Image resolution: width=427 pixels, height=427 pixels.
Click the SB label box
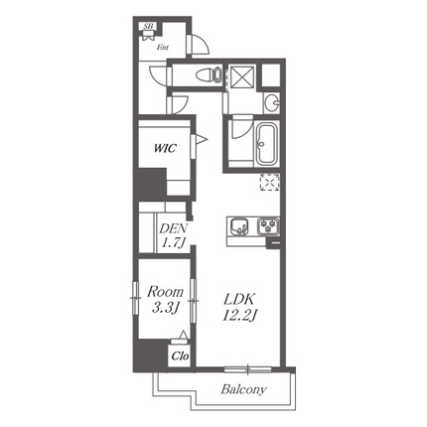click(x=149, y=26)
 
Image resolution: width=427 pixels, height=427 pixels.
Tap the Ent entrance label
click(x=163, y=48)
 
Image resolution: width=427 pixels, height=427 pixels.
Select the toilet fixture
click(x=209, y=74)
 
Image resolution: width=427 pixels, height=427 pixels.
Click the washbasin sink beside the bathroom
click(x=272, y=102)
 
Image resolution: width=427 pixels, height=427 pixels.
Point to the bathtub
click(x=266, y=144)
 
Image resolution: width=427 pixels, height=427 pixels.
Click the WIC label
click(x=165, y=148)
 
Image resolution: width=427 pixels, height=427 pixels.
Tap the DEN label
click(x=174, y=228)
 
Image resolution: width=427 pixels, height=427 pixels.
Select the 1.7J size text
click(x=173, y=243)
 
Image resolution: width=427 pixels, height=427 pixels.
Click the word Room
click(x=165, y=292)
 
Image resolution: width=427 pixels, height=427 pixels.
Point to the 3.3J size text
click(x=166, y=309)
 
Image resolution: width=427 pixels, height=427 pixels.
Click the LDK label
click(x=239, y=300)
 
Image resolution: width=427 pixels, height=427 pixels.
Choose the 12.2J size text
click(x=239, y=316)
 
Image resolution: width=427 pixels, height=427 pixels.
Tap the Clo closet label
click(x=180, y=356)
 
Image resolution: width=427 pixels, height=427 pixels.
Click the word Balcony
click(x=243, y=389)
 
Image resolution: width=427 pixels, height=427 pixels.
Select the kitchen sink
click(x=239, y=226)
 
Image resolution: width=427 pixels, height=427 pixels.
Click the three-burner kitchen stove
click(x=268, y=226)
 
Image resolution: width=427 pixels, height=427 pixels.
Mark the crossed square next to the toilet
click(x=242, y=77)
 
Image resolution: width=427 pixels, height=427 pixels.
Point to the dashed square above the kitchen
click(x=269, y=183)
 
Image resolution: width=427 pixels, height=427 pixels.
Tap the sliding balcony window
click(x=247, y=369)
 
